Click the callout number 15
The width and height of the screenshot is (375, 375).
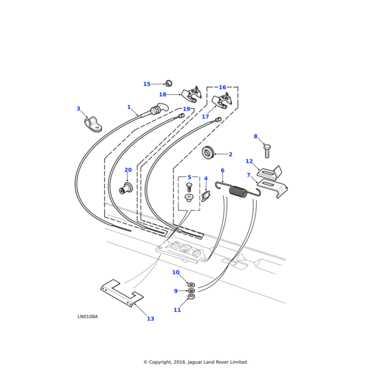click(x=147, y=84)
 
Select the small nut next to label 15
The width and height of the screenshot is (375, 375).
click(x=168, y=83)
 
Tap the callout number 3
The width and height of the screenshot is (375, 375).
click(x=78, y=109)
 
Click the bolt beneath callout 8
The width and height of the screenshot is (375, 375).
click(x=267, y=150)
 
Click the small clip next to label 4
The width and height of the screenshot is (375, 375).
click(x=206, y=197)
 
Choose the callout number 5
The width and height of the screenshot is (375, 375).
click(x=189, y=177)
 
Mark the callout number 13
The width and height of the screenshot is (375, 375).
click(x=150, y=319)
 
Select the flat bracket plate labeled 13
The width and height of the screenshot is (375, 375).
click(x=122, y=292)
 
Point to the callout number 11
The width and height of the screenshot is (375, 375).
click(x=177, y=310)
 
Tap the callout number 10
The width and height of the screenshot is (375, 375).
click(x=176, y=272)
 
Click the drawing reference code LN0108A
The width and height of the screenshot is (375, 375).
click(x=87, y=316)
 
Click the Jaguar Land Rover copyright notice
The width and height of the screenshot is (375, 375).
click(x=196, y=362)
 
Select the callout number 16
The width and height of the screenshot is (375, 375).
click(x=222, y=87)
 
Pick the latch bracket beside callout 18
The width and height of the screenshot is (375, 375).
click(x=191, y=96)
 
